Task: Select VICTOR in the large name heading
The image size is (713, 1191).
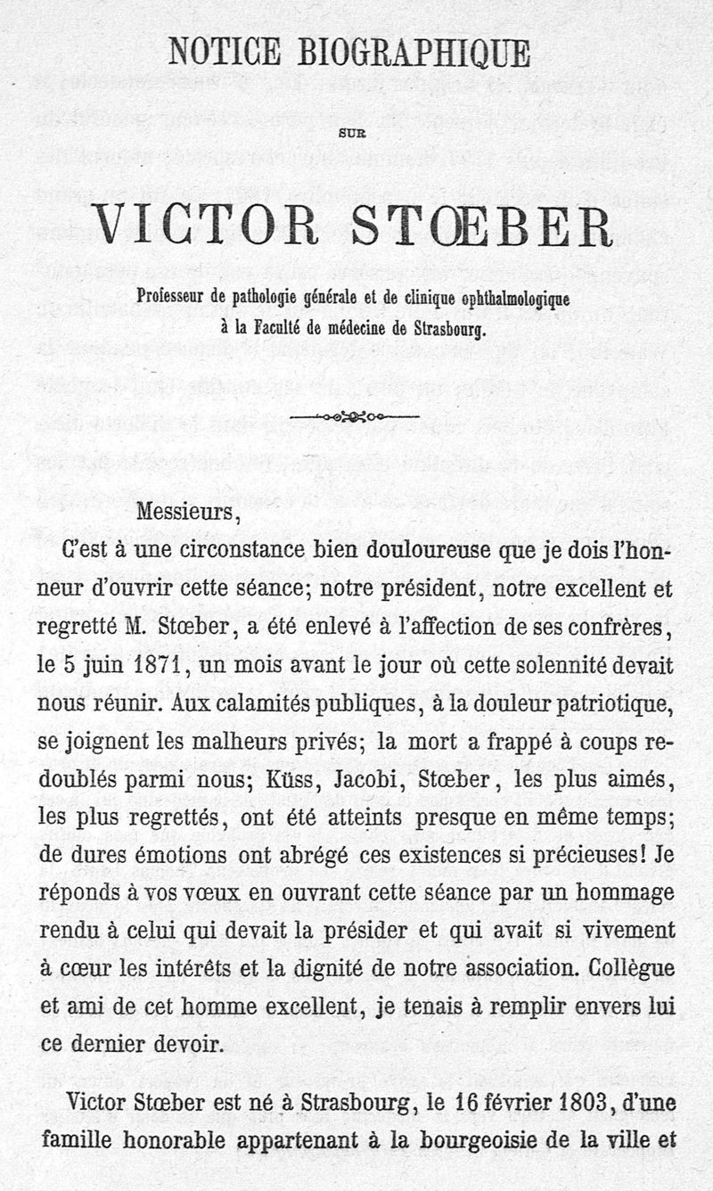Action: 206,225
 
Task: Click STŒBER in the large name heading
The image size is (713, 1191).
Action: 481,225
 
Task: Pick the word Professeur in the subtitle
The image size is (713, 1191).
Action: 171,297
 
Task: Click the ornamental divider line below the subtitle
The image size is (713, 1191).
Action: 354,415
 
